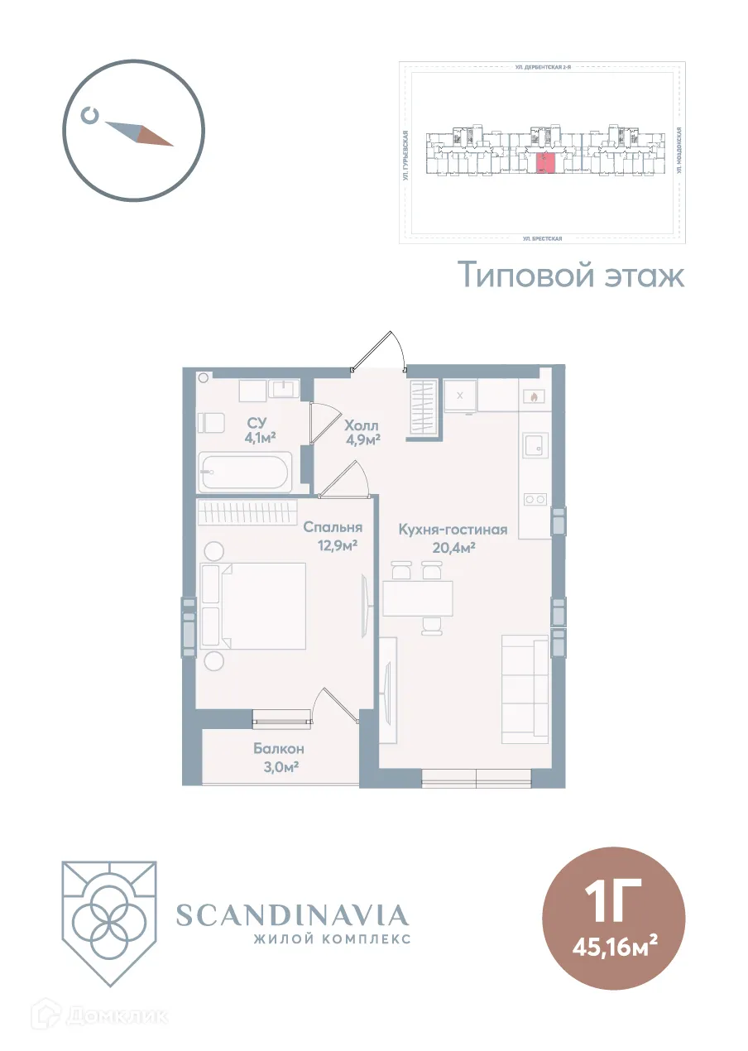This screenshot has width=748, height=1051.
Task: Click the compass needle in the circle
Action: click(138, 133)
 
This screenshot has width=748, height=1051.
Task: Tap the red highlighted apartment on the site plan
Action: click(545, 163)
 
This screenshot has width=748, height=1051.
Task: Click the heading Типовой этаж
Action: click(572, 276)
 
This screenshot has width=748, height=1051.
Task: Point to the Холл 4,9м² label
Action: click(362, 431)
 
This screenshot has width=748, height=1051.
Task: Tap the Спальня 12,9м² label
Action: click(333, 535)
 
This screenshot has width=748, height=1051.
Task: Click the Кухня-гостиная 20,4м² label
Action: click(452, 538)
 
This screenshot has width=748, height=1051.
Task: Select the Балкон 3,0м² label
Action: click(279, 757)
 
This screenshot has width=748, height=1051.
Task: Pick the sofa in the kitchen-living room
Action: click(525, 689)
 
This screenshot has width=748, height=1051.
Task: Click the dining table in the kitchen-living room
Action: click(418, 598)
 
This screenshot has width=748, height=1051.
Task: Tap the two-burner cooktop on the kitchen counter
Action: click(535, 499)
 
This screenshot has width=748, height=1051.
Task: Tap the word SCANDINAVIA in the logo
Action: click(293, 915)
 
